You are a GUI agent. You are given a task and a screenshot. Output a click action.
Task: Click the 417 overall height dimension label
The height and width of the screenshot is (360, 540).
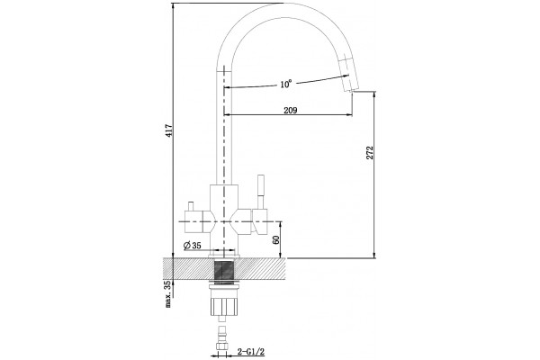(x=169, y=131)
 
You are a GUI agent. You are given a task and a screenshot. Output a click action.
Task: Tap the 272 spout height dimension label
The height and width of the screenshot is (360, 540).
(x=370, y=153)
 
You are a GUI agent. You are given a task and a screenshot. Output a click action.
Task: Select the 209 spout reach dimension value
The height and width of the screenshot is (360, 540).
(x=291, y=110)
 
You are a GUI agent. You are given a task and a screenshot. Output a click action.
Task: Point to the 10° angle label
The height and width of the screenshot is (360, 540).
(x=286, y=84)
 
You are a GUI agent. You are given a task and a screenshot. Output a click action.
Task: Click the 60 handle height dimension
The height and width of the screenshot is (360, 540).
(x=275, y=240)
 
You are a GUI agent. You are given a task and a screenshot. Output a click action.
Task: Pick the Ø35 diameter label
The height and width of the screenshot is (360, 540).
(x=192, y=246)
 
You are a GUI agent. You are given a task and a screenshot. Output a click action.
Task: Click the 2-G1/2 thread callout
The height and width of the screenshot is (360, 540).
(x=251, y=352)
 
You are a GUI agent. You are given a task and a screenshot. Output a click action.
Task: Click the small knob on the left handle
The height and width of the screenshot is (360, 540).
(x=190, y=206)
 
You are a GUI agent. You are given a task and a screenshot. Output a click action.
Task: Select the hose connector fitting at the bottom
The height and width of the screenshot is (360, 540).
(x=222, y=339)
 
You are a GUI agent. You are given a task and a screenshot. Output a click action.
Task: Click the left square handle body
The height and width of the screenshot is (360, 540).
(x=193, y=221)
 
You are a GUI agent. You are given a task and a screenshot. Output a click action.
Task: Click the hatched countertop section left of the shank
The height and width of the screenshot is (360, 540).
(x=188, y=268)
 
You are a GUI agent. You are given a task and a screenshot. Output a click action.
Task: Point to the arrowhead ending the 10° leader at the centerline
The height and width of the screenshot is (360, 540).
(x=228, y=88)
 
